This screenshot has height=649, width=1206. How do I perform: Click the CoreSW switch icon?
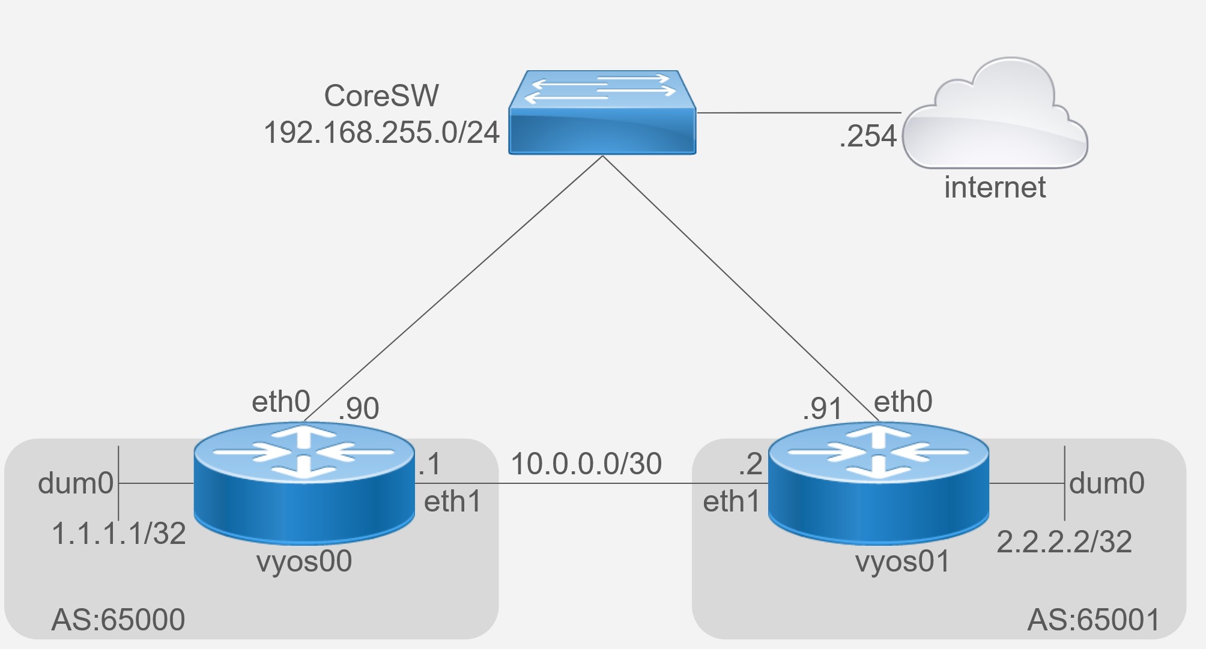point(602,113)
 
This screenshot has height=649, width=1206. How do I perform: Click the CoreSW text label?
point(381,96)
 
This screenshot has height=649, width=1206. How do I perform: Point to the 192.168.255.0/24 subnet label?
point(381,132)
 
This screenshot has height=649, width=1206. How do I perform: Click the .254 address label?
point(868,136)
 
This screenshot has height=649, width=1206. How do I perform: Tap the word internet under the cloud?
point(995,187)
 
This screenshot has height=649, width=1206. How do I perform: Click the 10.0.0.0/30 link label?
point(586,464)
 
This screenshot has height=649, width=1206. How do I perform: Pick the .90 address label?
point(359,409)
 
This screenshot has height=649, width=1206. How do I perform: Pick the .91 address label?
point(822,409)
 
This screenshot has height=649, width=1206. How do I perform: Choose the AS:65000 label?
point(118,620)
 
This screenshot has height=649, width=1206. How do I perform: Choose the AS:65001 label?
point(1094,620)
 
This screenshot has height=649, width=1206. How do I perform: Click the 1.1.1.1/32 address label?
point(119,533)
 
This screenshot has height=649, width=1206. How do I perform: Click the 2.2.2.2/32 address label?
point(1064,542)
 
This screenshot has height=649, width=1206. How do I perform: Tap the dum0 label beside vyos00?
point(76,483)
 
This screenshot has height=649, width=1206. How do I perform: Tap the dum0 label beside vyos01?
point(1106,483)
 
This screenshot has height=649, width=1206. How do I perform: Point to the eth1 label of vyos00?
point(453,502)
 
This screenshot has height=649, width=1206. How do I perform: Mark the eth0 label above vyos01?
point(903,402)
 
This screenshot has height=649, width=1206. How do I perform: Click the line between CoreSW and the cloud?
point(799,112)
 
